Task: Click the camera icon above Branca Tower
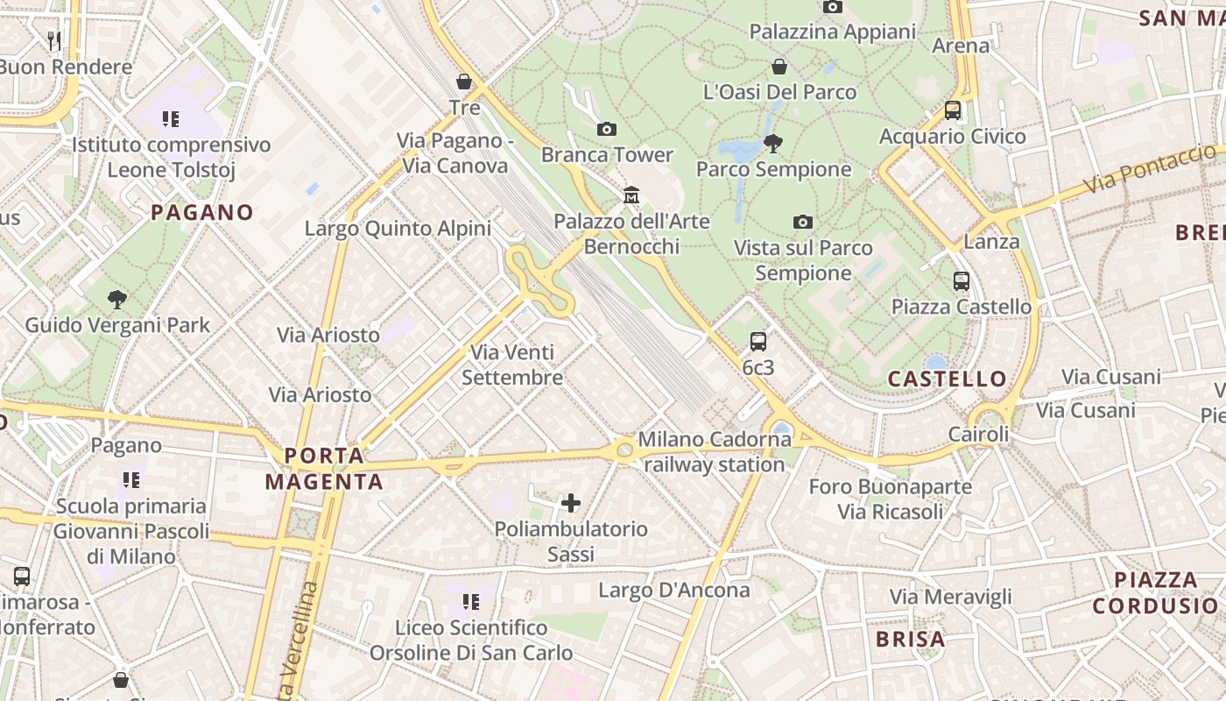pos(606,130)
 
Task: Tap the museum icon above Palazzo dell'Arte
pos(631,195)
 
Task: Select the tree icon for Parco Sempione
pos(772,144)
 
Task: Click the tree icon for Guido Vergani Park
pos(116,300)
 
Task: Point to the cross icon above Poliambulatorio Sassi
pos(571,503)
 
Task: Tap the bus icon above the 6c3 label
pos(758,342)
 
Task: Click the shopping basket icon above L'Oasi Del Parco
pos(779,67)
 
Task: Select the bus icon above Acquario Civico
pos(953,110)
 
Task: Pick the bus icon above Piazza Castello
pos(962,281)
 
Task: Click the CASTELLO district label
pos(948,379)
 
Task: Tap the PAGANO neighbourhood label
pos(202,212)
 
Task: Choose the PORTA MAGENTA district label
pos(324,469)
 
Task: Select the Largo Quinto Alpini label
pos(398,229)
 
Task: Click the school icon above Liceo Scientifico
pos(471,602)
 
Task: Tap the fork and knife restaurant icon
pos(54,39)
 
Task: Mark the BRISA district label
pos(911,639)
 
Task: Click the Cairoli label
pos(979,435)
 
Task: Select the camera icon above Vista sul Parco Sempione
pos(802,223)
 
